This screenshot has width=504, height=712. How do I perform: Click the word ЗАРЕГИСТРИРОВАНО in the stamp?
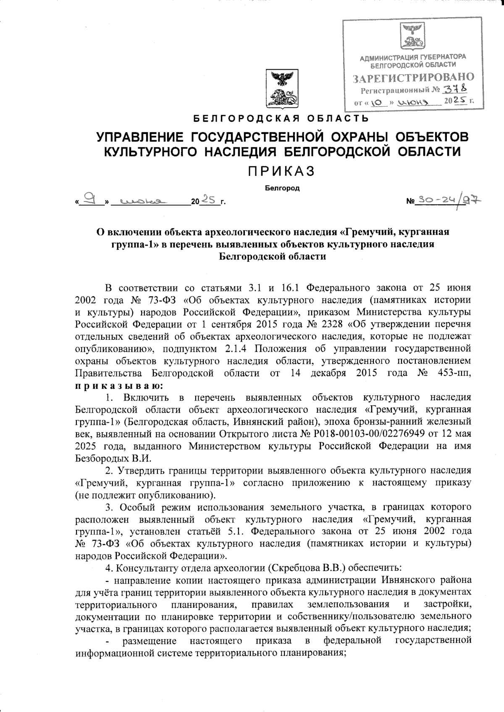tap(413, 78)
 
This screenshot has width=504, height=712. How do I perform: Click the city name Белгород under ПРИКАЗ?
tap(282, 188)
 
